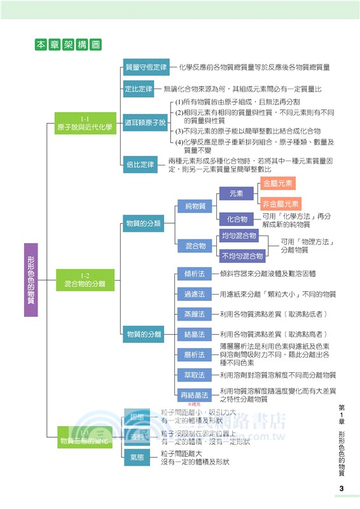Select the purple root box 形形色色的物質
tap(31, 280)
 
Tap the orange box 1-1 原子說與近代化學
tap(85, 123)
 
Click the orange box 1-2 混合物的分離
tap(85, 280)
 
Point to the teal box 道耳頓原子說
tap(146, 122)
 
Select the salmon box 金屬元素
tap(278, 183)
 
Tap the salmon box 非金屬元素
tap(280, 204)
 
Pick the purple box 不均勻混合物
tap(242, 255)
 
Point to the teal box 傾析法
tap(194, 274)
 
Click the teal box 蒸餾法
tap(194, 314)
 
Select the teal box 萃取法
tap(194, 375)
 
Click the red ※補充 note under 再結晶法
tap(194, 404)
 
